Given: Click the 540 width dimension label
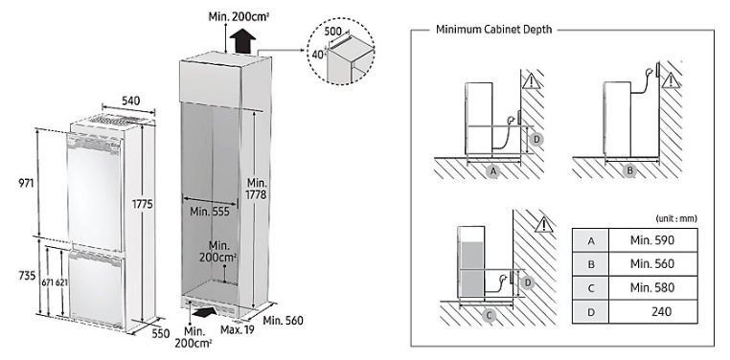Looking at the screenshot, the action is (131, 101).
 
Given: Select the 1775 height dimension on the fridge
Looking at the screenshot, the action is (142, 204).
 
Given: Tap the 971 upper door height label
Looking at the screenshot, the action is (27, 183).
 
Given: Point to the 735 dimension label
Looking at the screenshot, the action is (27, 276).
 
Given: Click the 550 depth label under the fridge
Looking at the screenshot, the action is (160, 333).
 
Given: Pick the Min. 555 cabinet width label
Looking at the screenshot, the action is (210, 212).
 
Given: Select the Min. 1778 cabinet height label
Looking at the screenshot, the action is (257, 189).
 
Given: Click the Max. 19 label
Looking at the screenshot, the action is (238, 330).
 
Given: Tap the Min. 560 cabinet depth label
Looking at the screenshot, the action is (283, 321).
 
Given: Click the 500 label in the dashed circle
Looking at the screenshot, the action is (333, 32).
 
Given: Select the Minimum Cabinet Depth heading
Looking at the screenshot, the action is (494, 30).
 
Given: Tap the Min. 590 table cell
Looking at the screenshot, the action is (652, 240).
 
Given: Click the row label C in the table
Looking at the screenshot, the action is (591, 288).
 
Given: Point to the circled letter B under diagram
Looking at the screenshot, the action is (629, 170).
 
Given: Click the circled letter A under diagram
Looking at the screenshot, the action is (493, 171).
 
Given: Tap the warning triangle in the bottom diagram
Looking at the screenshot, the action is (542, 225).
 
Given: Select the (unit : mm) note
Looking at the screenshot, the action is (676, 218).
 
